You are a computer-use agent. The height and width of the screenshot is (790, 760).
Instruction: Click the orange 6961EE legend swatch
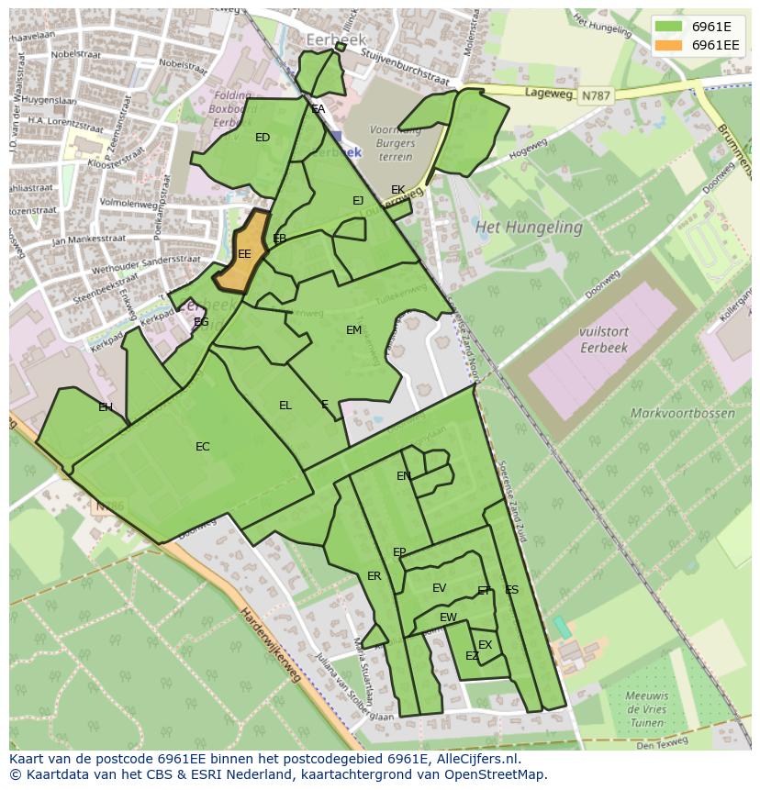click(x=669, y=45)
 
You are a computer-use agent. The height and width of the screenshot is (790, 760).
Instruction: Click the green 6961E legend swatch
click(x=669, y=27)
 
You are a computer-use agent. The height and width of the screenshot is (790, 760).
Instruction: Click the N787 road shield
click(x=595, y=95)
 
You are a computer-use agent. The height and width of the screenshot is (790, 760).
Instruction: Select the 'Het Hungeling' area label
click(x=528, y=227)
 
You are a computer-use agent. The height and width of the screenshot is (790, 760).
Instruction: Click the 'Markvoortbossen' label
click(x=682, y=413)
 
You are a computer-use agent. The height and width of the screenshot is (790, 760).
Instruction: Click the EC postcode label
click(x=203, y=447)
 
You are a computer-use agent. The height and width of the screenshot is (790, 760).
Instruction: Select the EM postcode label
click(x=353, y=330)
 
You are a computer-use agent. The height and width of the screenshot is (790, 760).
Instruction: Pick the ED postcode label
click(x=263, y=138)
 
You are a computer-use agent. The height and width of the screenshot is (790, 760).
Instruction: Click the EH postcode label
click(x=106, y=407)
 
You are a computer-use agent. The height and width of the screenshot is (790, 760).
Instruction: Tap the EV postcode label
click(x=439, y=588)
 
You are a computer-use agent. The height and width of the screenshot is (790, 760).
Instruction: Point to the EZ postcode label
click(x=472, y=656)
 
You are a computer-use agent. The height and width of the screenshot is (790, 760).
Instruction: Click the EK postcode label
click(x=397, y=190)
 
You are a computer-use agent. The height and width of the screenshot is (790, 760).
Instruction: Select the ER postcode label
click(x=374, y=576)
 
